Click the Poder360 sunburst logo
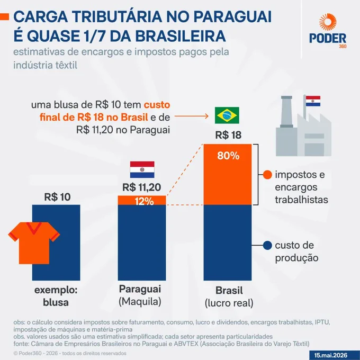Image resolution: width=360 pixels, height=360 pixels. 328,22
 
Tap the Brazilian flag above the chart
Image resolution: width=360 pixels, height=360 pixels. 227,115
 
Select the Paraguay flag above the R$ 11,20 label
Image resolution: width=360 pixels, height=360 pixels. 142,169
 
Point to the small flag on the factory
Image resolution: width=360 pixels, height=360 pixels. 313,101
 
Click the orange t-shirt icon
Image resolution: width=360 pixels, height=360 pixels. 34,243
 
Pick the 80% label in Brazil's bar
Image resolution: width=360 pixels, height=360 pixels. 228,156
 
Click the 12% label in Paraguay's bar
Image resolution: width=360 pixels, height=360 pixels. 144,201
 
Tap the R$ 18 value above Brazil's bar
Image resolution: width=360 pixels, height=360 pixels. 228,135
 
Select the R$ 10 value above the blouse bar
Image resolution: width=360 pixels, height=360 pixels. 57,197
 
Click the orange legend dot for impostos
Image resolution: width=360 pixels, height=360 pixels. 267,175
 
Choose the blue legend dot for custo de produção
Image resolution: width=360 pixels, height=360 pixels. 267,245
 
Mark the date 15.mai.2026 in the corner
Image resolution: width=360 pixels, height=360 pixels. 330,355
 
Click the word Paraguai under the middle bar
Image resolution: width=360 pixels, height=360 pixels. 140,289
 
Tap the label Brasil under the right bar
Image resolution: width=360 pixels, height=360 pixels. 229,291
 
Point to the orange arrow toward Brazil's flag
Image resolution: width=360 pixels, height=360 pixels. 191,116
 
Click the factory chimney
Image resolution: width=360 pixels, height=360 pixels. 286,112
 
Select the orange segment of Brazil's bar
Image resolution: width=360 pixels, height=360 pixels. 228,174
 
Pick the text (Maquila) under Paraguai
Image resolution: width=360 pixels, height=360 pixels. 140,301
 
